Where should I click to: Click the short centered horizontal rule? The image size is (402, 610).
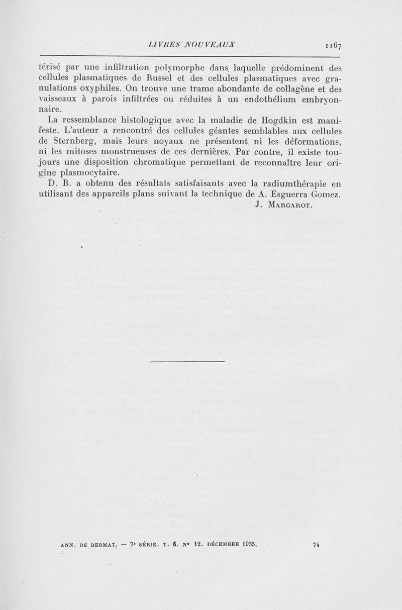tap(187, 361)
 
